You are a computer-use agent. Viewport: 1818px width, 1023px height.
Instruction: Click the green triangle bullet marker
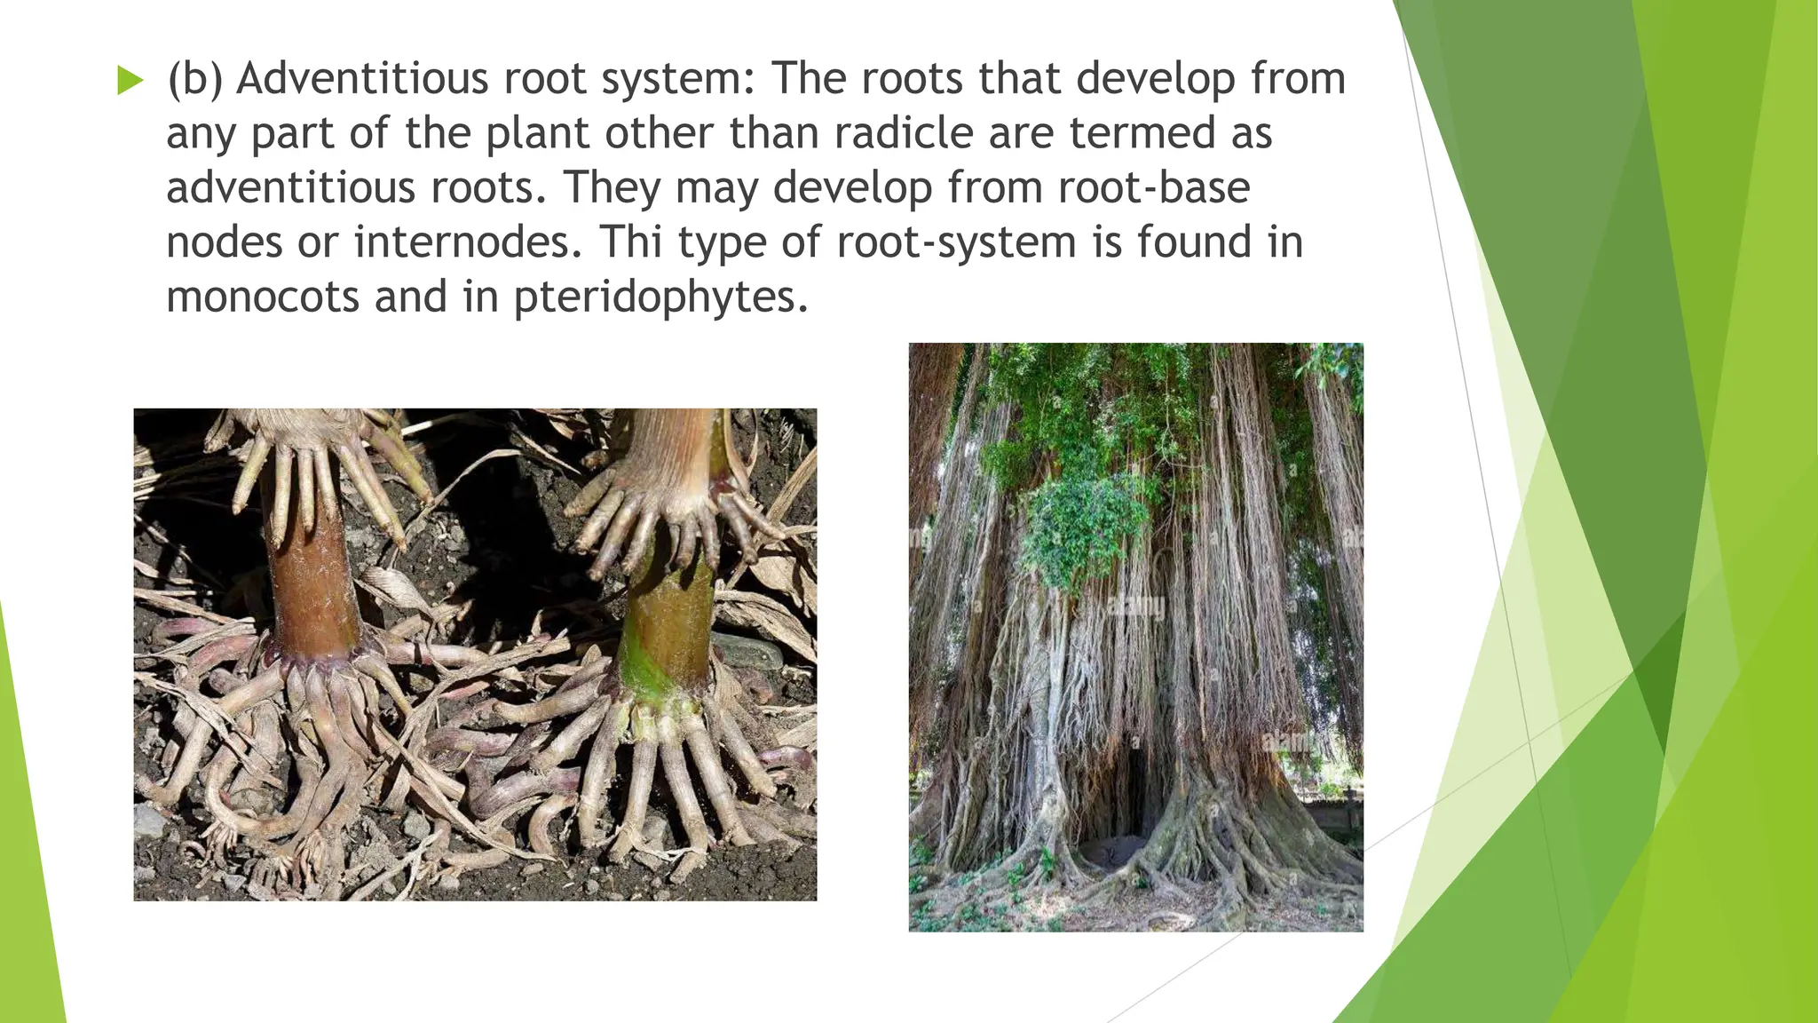point(130,82)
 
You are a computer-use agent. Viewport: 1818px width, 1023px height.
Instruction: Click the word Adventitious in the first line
point(362,78)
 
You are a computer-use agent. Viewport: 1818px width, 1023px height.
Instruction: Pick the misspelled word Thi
point(630,242)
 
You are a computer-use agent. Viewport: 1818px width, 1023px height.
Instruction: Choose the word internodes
point(468,242)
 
